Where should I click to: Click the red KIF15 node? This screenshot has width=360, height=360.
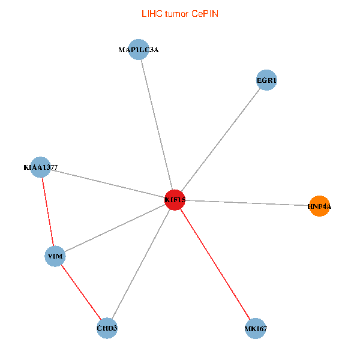175,200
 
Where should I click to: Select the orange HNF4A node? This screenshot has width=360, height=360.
319,206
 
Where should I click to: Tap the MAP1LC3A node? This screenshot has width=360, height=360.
139,50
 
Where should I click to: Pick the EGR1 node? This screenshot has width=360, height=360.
266,80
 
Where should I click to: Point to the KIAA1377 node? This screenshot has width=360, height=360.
40,167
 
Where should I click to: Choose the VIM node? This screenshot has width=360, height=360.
55,257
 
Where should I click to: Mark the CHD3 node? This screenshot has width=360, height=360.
107,328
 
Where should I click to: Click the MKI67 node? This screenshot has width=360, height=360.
256,328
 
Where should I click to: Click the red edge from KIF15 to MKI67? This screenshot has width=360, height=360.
215,264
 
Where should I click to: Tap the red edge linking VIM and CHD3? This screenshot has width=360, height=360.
81,292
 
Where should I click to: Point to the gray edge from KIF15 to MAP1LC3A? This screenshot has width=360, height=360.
157,125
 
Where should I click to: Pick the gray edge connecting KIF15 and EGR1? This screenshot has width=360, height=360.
220,140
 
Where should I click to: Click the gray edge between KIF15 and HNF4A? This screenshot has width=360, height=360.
247,203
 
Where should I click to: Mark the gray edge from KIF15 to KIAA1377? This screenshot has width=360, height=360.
107,184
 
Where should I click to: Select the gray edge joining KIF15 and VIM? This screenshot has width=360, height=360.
115,229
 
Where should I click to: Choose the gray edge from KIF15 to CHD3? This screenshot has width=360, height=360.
140,264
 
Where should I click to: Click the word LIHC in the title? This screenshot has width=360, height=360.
151,14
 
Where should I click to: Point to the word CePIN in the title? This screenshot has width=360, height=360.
205,14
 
